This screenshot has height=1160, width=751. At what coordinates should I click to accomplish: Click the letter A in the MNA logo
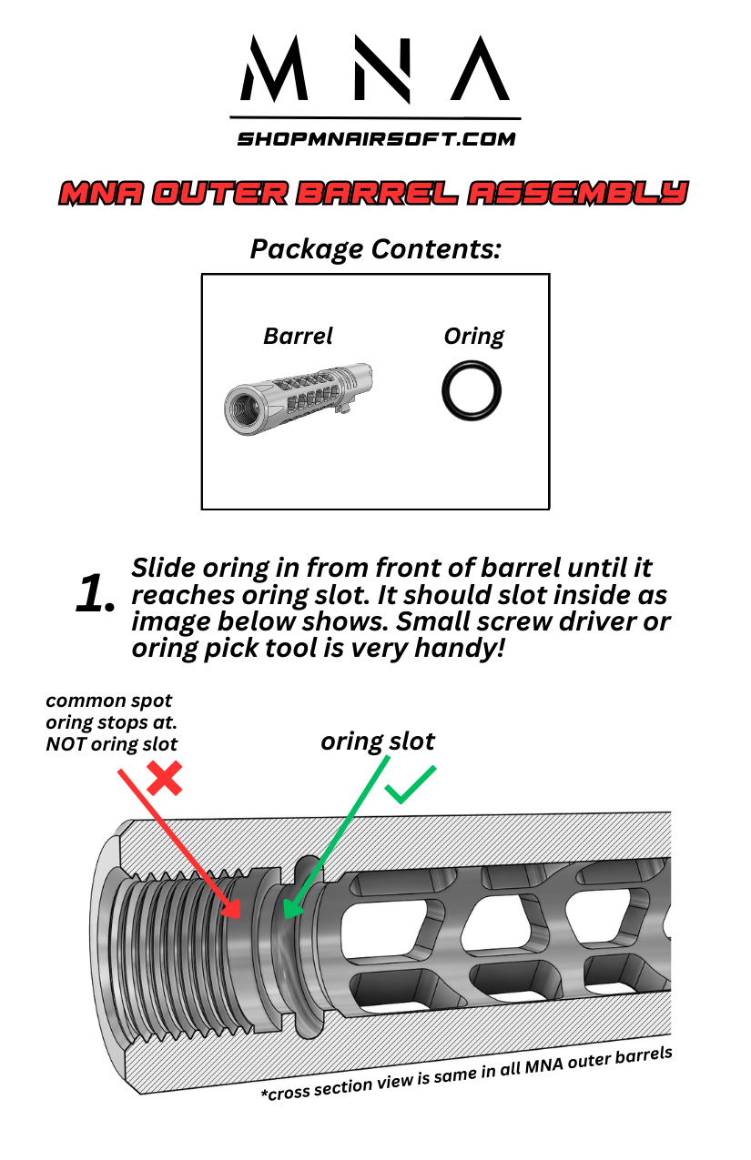pyautogui.click(x=480, y=70)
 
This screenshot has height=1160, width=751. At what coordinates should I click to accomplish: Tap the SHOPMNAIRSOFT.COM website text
pyautogui.click(x=376, y=139)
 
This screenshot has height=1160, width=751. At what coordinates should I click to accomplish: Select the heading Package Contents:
pyautogui.click(x=375, y=248)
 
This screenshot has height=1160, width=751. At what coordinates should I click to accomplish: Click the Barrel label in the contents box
pyautogui.click(x=298, y=336)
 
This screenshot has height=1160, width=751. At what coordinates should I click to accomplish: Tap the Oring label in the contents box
pyautogui.click(x=473, y=336)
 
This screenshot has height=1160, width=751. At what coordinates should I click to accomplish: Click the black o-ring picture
pyautogui.click(x=471, y=389)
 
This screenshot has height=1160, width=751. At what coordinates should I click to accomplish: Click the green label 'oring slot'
pyautogui.click(x=378, y=741)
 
